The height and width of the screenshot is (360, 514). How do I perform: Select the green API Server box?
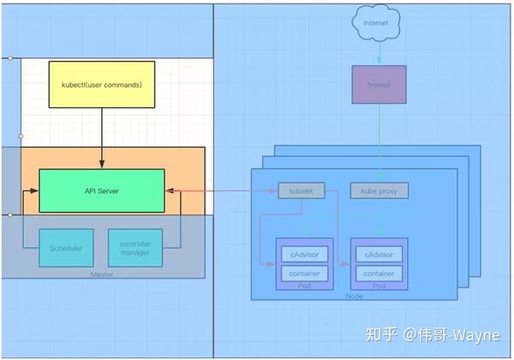pyautogui.click(x=102, y=191)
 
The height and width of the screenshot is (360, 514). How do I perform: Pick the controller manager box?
pyautogui.click(x=134, y=248)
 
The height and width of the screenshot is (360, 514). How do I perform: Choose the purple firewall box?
pyautogui.click(x=379, y=85)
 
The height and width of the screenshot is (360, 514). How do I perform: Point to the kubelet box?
pyautogui.click(x=302, y=190)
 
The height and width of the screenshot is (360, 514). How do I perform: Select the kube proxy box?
pyautogui.click(x=379, y=190)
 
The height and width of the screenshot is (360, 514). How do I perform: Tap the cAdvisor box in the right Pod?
pyautogui.click(x=379, y=255)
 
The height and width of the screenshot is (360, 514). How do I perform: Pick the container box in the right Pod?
pyautogui.click(x=379, y=273)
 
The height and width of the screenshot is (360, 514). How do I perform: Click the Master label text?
pyautogui.click(x=102, y=274)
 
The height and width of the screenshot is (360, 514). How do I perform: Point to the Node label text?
pyautogui.click(x=353, y=296)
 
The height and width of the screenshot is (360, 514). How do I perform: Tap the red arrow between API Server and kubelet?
pyautogui.click(x=221, y=191)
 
